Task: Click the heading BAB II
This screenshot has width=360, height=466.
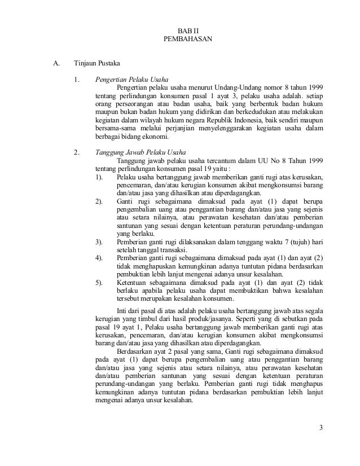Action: [x=181, y=32]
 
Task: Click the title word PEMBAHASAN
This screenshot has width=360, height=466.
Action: [x=181, y=40]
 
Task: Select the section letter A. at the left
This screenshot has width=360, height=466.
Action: [x=56, y=63]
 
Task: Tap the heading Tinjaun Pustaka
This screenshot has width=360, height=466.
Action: [x=98, y=63]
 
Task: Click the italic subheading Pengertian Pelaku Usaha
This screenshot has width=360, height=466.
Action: [x=131, y=80]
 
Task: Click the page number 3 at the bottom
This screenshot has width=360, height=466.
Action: [x=321, y=434]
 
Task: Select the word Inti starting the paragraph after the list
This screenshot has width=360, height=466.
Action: [x=121, y=310]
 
